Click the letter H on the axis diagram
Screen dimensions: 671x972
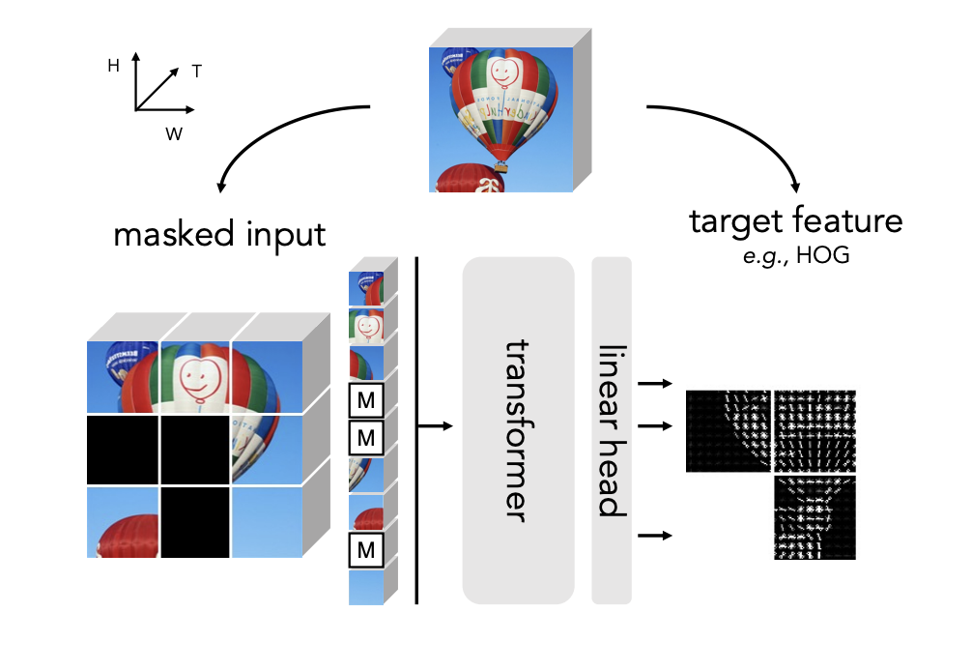113,65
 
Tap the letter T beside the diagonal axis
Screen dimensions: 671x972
196,71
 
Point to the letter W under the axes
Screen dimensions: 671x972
174,134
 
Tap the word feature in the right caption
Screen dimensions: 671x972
849,221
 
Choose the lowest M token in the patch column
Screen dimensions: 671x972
366,551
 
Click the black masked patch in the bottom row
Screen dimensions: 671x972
195,522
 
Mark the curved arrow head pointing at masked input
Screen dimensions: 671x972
224,184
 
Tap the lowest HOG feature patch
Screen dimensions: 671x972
815,517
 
